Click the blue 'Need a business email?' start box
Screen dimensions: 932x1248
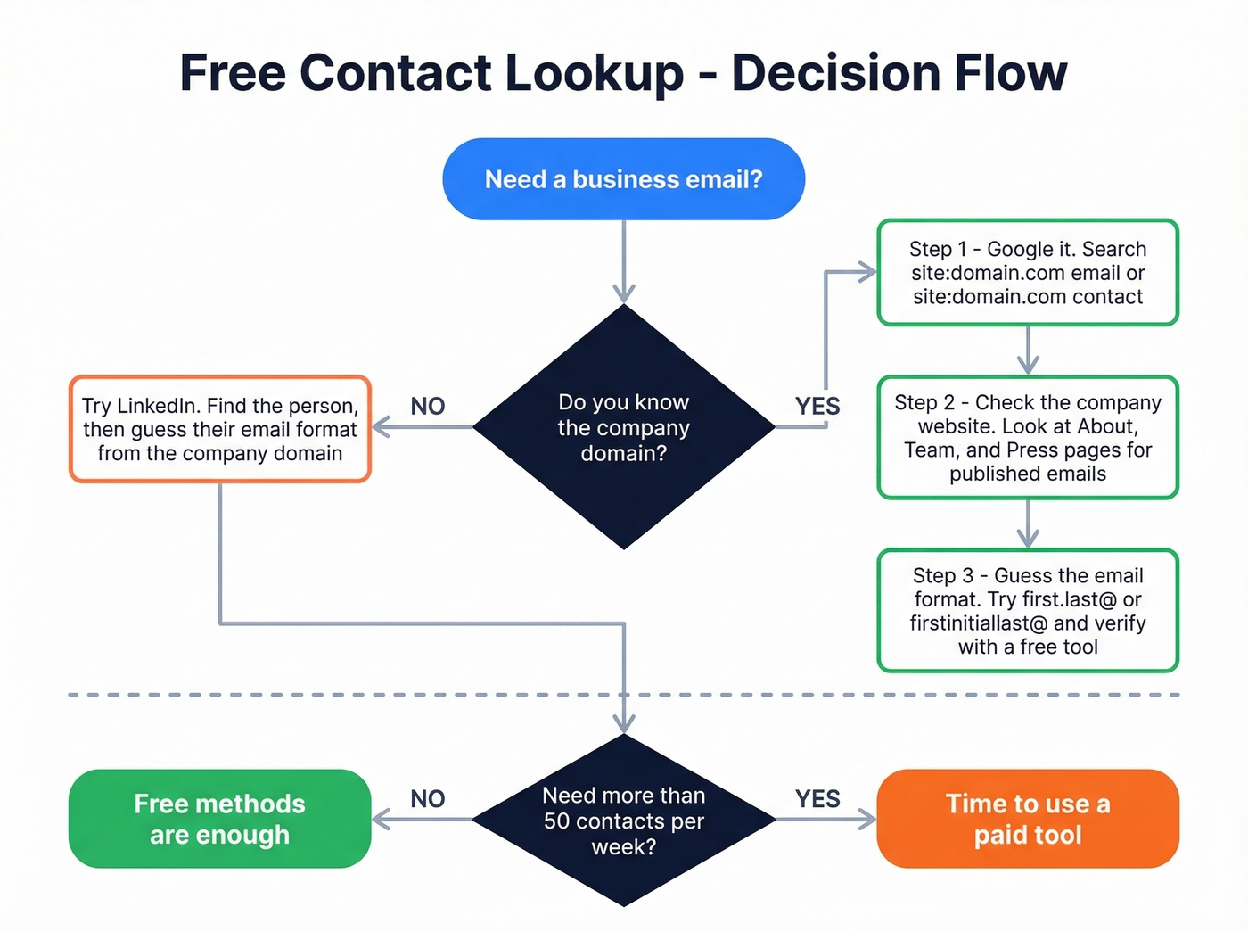[623, 179]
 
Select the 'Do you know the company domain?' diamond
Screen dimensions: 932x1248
[623, 427]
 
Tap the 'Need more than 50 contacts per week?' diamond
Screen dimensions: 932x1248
[623, 821]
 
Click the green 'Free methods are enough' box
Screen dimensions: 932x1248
[219, 819]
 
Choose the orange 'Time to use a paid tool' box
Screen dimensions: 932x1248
[1028, 819]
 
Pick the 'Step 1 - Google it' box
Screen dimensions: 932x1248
[1028, 273]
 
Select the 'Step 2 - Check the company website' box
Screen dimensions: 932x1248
[1028, 437]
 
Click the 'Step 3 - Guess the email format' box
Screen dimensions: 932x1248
[1028, 611]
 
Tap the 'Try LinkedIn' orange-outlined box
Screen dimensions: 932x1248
[219, 429]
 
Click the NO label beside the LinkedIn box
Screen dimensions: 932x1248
[428, 407]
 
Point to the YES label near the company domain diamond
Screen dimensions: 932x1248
[817, 407]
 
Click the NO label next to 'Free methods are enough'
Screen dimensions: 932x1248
[428, 799]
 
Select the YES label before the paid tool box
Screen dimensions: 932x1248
[817, 799]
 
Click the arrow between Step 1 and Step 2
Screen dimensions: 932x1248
[1028, 351]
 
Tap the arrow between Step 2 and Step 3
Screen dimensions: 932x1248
[1028, 524]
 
